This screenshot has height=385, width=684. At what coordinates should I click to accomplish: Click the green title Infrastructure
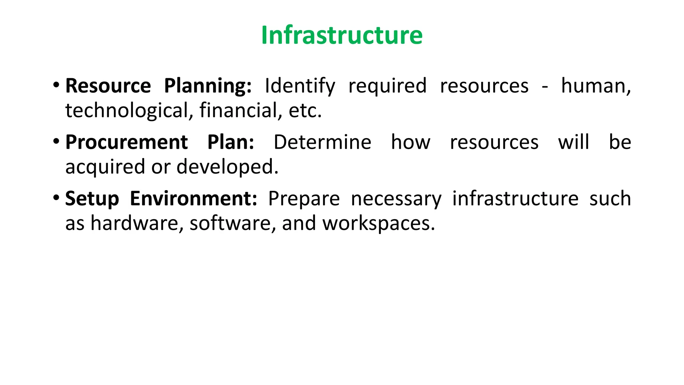pos(342,35)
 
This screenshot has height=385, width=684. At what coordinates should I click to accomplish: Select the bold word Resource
pos(108,86)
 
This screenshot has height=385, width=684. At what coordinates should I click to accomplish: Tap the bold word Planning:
pos(208,86)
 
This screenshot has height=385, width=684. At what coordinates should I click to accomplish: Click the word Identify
pos(300,86)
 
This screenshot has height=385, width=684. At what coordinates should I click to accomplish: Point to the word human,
pos(596,86)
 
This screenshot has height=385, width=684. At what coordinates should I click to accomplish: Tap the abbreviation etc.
pos(305,111)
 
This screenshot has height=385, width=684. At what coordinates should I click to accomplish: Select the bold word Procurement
pos(126,142)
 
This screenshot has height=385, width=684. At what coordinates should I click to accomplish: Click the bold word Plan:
pos(231,142)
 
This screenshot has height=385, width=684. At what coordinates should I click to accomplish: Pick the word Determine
pos(322,142)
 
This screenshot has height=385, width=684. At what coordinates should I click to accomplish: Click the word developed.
pos(227,167)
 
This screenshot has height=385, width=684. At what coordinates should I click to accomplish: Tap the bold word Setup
pos(92,199)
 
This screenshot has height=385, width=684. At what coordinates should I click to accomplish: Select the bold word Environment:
pos(193,199)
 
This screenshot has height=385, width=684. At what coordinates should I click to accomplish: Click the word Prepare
pos(304,199)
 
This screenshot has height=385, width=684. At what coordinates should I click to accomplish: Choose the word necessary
pos(396,199)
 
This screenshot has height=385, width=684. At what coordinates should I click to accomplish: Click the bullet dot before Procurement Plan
pos(56,141)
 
